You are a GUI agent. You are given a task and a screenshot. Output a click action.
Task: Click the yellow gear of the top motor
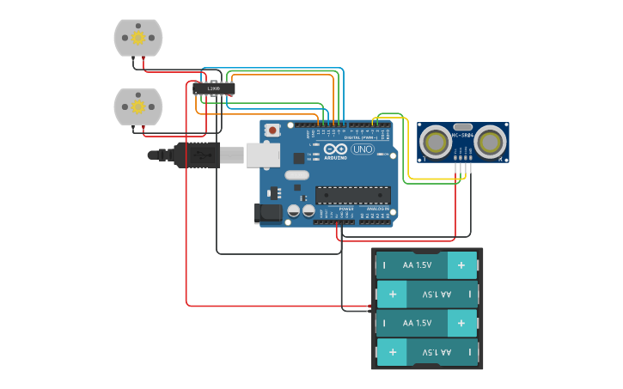click(137, 38)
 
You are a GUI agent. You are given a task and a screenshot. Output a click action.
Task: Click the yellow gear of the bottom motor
click(137, 106)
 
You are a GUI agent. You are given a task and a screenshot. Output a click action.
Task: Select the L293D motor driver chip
click(214, 88)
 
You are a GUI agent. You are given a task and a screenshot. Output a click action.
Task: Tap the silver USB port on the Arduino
click(263, 155)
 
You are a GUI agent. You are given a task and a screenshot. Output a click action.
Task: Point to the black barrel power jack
click(270, 212)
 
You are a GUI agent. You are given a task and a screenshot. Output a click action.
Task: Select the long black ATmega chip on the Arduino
click(352, 195)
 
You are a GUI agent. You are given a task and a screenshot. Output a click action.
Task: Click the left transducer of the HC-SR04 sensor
click(437, 141)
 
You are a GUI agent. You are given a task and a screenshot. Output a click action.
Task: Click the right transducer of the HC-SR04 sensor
click(491, 141)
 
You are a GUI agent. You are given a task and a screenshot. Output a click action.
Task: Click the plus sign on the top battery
click(461, 265)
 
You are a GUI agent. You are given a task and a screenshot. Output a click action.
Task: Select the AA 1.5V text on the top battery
click(418, 265)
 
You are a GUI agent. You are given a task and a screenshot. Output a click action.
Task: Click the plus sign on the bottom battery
click(392, 352)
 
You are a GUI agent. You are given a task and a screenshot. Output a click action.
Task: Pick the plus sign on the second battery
click(392, 295)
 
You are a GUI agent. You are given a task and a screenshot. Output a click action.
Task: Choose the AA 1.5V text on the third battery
click(418, 323)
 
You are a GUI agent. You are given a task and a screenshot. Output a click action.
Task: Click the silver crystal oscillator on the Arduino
click(296, 175)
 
